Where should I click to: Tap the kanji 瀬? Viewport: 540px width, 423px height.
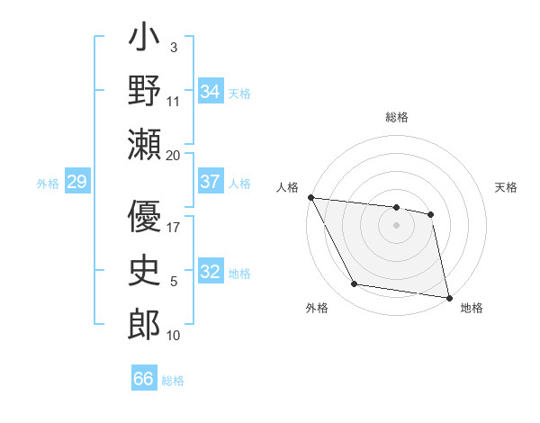click(144, 144)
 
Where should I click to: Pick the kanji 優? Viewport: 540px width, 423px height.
click(144, 216)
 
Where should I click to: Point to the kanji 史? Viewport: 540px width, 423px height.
click(144, 268)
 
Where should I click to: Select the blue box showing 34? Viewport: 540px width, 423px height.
click(211, 92)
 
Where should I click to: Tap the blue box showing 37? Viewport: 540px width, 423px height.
click(211, 182)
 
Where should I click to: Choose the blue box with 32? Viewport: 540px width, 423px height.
click(211, 272)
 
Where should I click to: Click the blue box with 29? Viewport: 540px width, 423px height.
click(76, 183)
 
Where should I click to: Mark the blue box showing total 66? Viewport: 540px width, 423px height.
click(144, 379)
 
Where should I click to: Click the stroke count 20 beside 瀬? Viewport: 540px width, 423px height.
click(173, 155)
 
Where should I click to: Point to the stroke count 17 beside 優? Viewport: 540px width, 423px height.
click(175, 227)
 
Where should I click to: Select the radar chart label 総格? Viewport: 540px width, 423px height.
click(397, 117)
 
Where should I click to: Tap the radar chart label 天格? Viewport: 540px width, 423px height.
click(507, 187)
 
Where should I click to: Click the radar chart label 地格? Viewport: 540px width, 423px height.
click(472, 309)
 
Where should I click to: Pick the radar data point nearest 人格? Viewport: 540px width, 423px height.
click(310, 197)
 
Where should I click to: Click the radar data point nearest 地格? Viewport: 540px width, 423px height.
click(448, 296)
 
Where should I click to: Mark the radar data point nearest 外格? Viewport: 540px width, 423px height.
click(354, 284)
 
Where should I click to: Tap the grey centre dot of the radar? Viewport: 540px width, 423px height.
click(397, 225)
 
